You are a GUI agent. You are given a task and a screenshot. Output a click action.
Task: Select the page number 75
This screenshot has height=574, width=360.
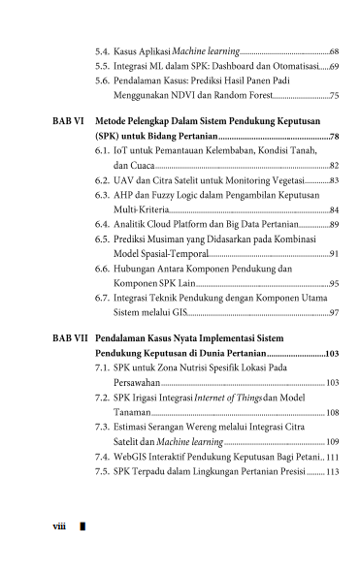pos(334,97)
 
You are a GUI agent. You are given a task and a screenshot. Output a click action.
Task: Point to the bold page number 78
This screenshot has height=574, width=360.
pos(334,138)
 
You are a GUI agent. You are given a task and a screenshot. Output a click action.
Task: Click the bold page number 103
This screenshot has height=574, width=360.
pos(332,355)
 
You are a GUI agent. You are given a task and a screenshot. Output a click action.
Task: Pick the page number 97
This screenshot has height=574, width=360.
pos(334,312)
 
